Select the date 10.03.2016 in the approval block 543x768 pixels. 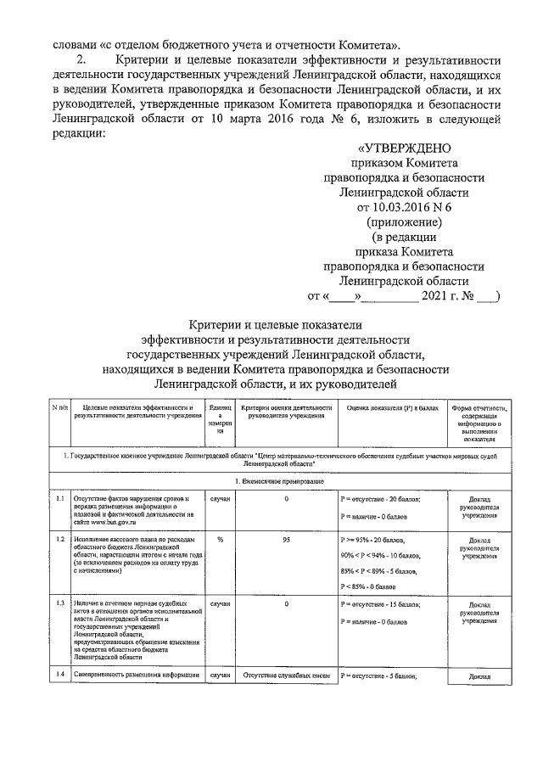point(402,207)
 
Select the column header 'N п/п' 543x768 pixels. point(59,407)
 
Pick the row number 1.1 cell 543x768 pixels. point(59,499)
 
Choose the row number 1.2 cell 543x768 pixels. point(59,540)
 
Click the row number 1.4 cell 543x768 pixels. point(59,676)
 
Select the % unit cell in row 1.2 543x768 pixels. point(220,540)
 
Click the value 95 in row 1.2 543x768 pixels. point(286,540)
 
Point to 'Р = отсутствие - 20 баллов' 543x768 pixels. point(380,499)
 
